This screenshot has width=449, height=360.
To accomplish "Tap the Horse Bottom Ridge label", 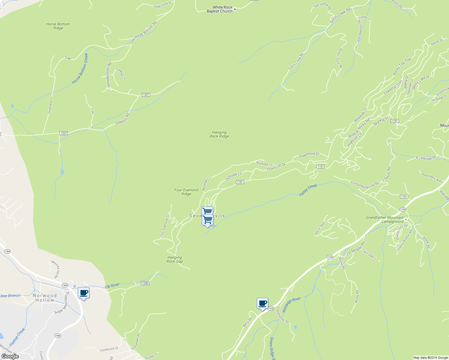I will (58, 26).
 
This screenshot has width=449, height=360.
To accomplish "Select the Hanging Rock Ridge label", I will (219, 134).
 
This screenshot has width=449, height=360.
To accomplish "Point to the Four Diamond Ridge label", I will (186, 192).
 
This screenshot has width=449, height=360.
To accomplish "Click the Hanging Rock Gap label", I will (175, 259).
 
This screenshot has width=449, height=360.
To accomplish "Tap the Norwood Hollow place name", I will (44, 298).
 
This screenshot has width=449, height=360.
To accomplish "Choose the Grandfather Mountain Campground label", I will (384, 220).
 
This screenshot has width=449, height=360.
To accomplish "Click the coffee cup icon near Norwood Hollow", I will (83, 293).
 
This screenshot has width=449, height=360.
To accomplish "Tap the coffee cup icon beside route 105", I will (262, 303).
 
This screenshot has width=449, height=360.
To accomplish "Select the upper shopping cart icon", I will (207, 211).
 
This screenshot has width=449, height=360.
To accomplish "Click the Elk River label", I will (112, 286).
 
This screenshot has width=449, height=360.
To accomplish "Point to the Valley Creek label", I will (308, 190).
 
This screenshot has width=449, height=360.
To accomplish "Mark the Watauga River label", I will (291, 304).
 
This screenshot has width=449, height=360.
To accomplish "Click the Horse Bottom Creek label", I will (80, 69).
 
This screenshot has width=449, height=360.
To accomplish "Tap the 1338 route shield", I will (145, 283).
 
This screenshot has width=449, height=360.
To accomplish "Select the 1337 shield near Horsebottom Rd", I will (146, 95).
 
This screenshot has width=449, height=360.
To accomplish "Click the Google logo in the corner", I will (10, 356).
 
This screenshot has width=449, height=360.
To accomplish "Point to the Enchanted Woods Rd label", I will (365, 185).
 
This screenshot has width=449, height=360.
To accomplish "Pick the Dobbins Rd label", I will (122, 119).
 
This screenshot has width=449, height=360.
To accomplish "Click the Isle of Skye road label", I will (320, 229).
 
